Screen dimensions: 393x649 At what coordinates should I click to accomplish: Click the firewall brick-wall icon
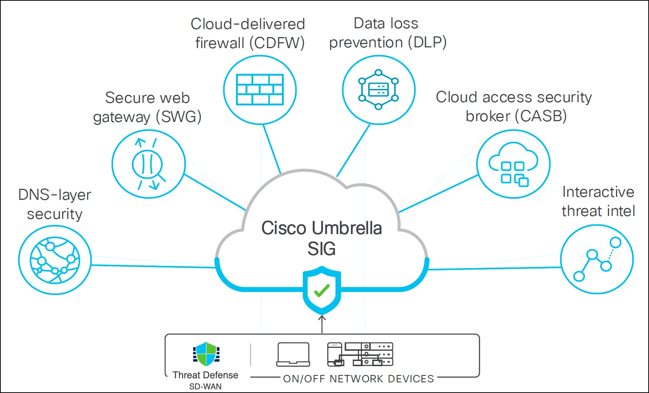point(260,90)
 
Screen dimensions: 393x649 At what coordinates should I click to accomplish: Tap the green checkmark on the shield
point(322,291)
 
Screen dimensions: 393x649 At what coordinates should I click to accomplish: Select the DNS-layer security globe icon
point(55,260)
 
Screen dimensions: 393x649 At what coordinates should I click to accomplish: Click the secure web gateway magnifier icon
point(148,164)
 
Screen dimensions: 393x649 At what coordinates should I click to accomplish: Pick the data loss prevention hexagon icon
point(378,90)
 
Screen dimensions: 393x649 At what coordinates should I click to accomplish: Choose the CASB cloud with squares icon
point(513,164)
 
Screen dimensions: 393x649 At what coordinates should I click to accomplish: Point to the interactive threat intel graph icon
point(597,259)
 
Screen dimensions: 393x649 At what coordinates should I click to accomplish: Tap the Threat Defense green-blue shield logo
point(206,354)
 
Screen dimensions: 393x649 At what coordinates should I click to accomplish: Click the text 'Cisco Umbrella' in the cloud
point(322,228)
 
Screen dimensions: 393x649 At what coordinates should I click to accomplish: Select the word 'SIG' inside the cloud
point(322,249)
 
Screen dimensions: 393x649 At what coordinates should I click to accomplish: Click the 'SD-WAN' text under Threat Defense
point(206,386)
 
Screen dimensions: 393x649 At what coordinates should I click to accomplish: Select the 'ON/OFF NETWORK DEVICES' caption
point(358,379)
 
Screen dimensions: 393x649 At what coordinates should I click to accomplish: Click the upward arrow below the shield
point(322,323)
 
